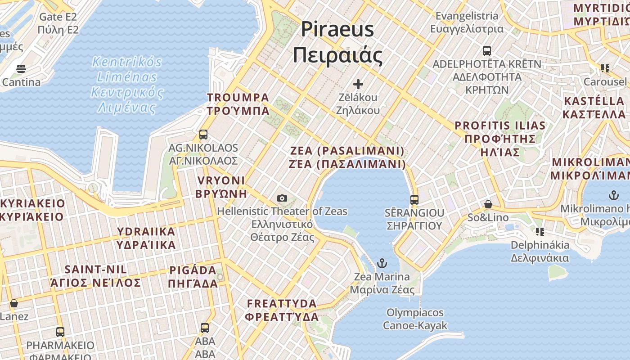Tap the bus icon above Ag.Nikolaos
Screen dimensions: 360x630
click(203, 134)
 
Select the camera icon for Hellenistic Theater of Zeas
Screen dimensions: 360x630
click(282, 198)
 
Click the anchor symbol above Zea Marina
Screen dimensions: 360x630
click(382, 263)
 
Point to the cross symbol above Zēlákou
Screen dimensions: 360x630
click(358, 84)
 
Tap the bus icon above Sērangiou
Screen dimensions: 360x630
click(414, 199)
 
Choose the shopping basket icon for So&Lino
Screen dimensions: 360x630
click(488, 205)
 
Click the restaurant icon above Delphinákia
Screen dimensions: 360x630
click(540, 232)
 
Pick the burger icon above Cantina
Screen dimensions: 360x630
click(21, 69)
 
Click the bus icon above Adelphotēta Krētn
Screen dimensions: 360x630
click(487, 50)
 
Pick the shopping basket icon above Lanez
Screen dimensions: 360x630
click(14, 303)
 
